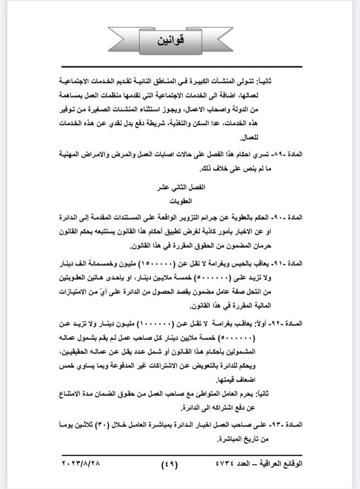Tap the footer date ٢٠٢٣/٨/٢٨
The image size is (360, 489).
click(84, 463)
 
